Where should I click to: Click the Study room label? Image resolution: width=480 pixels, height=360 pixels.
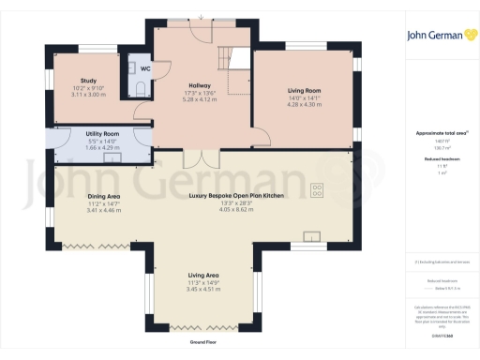(89, 82)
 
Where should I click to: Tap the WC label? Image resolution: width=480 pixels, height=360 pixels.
(145, 68)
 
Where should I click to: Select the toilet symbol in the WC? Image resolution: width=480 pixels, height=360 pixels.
(141, 89)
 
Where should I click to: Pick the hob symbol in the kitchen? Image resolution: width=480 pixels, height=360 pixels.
(317, 190)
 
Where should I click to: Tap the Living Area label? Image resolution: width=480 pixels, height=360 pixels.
(204, 276)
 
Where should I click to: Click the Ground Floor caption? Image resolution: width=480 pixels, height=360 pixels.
(204, 342)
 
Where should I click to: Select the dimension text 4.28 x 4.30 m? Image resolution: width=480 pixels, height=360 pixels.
(303, 104)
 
